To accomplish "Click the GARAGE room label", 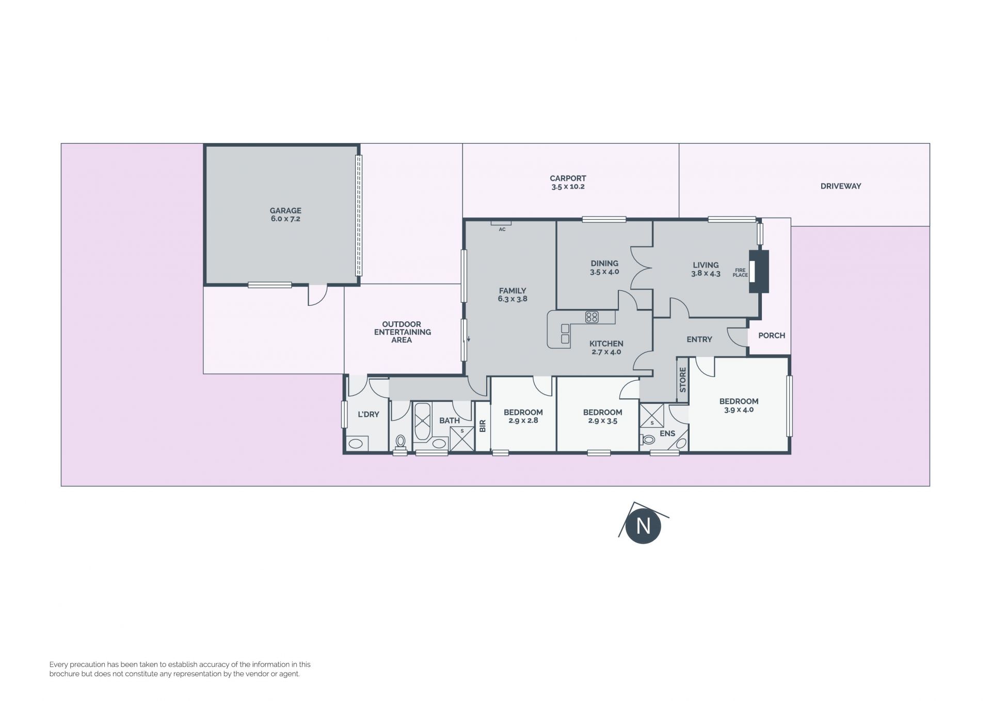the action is click(x=285, y=211).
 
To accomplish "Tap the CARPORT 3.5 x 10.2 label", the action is click(x=568, y=182).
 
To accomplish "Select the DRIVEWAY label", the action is click(x=841, y=186).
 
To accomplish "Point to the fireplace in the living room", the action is click(x=759, y=272).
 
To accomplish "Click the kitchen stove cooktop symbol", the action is click(x=592, y=317).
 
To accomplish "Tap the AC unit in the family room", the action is click(x=501, y=223).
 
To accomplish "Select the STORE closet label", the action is click(x=683, y=380).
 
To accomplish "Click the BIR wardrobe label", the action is click(x=483, y=426).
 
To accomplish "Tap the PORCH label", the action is click(x=772, y=335).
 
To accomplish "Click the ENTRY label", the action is click(x=699, y=339).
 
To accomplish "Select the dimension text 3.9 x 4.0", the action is click(x=739, y=410).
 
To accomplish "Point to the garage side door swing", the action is click(x=318, y=295).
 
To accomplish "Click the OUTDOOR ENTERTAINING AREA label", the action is click(x=403, y=332).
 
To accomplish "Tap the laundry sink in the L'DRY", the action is click(x=356, y=443).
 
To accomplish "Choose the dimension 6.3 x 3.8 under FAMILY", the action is click(x=513, y=299).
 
